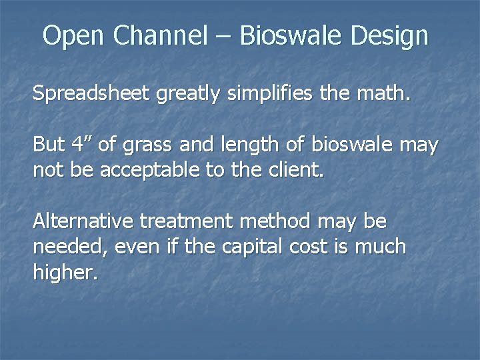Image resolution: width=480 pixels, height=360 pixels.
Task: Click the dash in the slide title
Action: click(x=223, y=37)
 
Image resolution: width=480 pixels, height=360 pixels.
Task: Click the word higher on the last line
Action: click(x=65, y=273)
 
